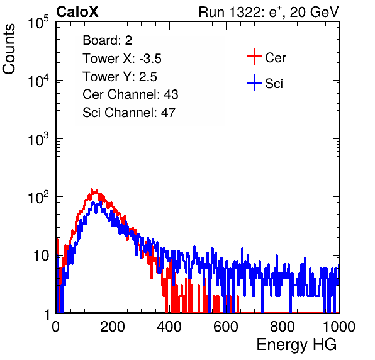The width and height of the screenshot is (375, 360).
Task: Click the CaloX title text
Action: (x=77, y=12)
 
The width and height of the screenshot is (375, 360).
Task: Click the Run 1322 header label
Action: (x=269, y=12)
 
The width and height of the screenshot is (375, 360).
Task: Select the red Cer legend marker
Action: (x=254, y=57)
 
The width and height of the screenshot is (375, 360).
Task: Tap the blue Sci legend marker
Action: (x=254, y=82)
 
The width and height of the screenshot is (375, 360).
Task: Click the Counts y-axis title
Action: (x=9, y=49)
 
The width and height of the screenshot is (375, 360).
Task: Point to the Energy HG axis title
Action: (x=296, y=345)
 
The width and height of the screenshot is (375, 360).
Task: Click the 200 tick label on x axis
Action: (x=113, y=327)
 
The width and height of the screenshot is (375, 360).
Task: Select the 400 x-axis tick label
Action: (x=169, y=327)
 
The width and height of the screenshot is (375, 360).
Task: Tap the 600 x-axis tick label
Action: (x=226, y=327)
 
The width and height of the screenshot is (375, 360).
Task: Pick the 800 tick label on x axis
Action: (x=283, y=327)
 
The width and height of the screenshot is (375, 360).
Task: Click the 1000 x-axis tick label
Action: (x=339, y=327)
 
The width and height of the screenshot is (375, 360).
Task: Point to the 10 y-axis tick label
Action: (x=42, y=256)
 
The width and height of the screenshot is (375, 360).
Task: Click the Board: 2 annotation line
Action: (x=108, y=40)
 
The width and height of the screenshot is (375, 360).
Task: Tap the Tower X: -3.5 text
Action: (x=122, y=59)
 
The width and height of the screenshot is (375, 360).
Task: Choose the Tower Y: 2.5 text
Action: (x=120, y=77)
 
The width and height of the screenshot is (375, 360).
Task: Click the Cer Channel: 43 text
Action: (x=130, y=94)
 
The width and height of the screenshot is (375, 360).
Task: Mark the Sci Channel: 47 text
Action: (x=129, y=113)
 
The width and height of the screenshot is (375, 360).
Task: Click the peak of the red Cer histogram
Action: (x=92, y=189)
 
